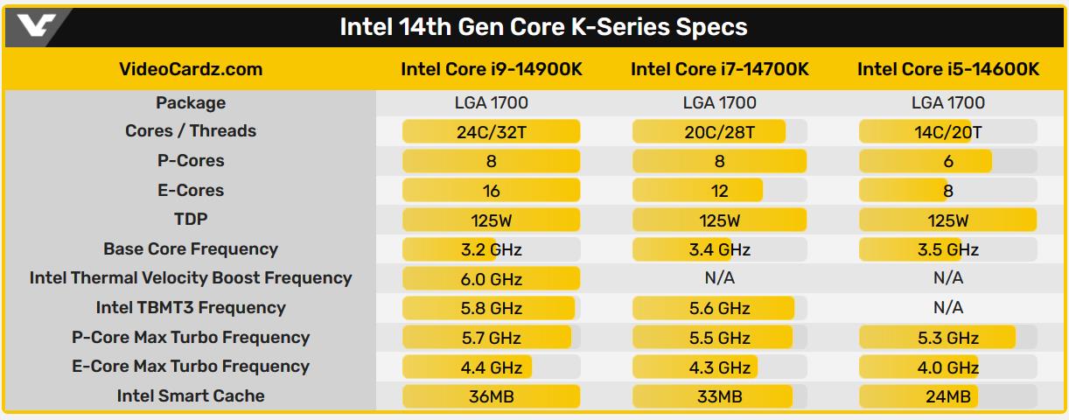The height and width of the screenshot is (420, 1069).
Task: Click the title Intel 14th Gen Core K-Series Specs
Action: coord(543,27)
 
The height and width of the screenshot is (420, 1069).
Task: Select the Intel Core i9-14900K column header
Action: coord(491,69)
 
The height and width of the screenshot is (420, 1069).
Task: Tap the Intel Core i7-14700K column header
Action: coord(719,69)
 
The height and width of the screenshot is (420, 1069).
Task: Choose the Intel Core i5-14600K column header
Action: coord(948,69)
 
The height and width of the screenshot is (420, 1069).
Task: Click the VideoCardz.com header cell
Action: coord(190,69)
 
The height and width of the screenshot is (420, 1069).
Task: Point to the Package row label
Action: coord(190,102)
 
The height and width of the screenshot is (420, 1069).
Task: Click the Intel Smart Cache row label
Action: coord(190,395)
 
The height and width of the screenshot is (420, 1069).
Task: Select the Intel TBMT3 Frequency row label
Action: coord(190,307)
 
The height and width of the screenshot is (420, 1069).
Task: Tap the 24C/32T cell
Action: coord(491,132)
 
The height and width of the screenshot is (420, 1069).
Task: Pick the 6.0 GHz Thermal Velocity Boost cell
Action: coord(491,279)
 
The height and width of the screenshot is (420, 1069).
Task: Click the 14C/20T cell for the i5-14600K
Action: coord(948,132)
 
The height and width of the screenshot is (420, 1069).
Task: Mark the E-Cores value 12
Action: coord(719,191)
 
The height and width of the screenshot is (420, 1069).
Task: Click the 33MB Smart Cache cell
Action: coord(719,396)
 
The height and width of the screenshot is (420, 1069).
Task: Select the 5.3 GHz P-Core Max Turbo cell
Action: coord(948,338)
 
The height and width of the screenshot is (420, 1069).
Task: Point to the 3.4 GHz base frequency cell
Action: coord(719,249)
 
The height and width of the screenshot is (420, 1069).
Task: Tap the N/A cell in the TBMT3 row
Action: coord(948,307)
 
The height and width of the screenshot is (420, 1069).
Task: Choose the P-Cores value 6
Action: coord(948,161)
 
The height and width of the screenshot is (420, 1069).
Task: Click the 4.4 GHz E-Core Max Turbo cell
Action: coord(491,367)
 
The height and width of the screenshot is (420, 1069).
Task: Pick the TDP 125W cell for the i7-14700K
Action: coord(719,220)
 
